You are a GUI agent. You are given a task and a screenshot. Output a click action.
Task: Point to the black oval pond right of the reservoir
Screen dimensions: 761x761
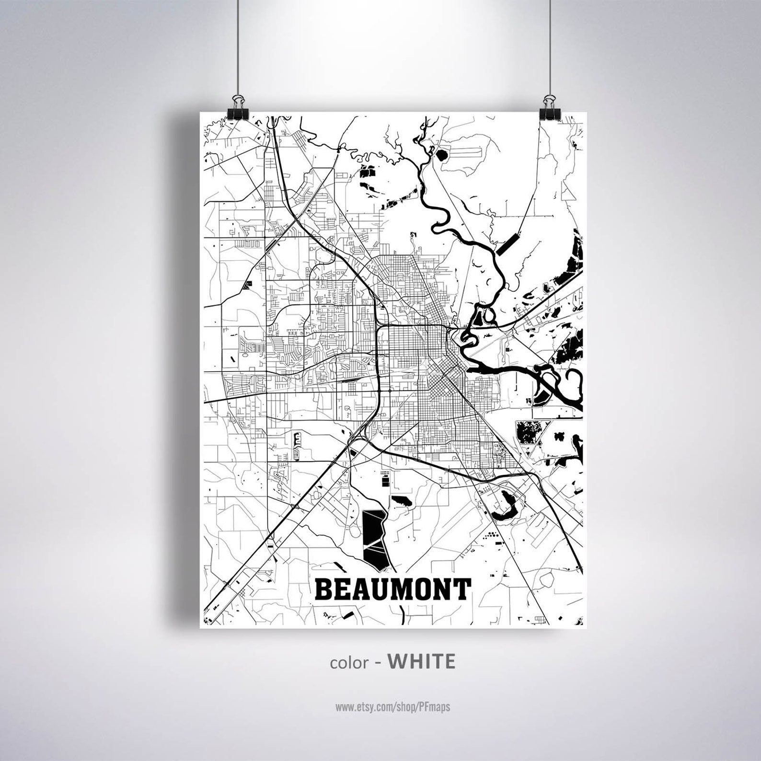coord(402,502)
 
